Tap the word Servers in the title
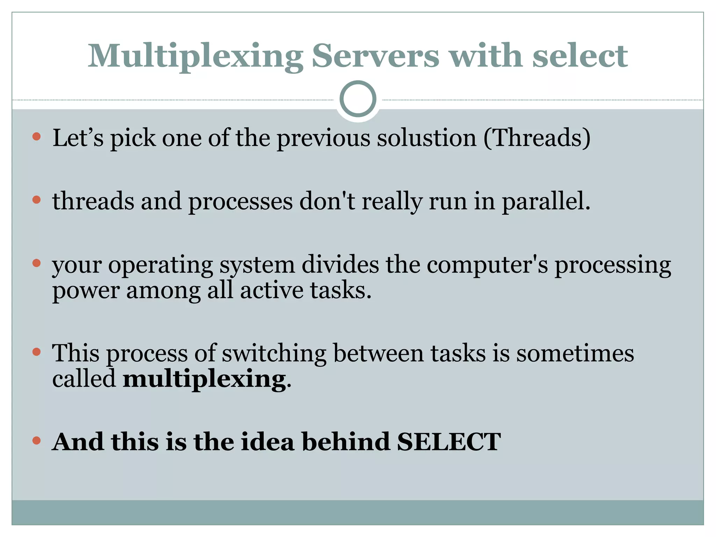point(375,56)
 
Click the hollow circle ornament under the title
point(358,99)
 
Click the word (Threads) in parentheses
point(537,138)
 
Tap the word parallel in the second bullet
point(546,201)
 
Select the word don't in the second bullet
point(327,201)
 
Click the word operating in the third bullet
point(160,265)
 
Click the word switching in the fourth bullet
point(274,353)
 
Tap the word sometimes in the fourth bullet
point(575,353)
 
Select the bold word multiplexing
point(205,379)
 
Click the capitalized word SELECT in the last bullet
point(449,442)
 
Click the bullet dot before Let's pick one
point(36,136)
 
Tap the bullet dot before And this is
point(36,441)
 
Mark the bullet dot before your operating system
point(36,263)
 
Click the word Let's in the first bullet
point(78,138)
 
